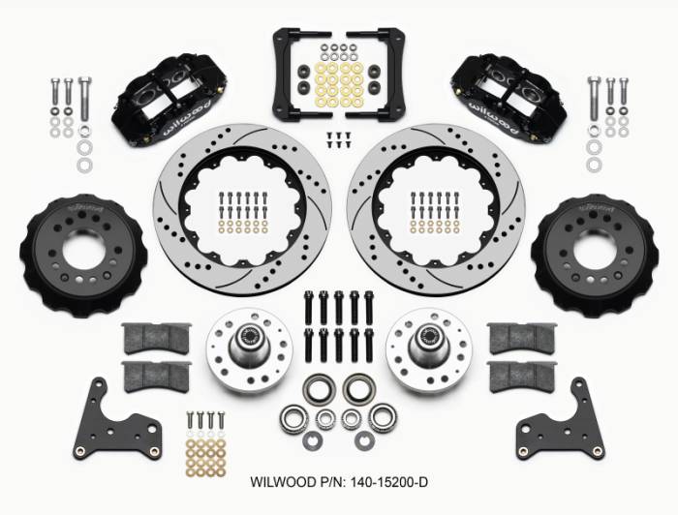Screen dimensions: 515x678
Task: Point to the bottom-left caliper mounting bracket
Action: coord(122,420)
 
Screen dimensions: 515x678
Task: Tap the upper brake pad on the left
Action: coord(153,337)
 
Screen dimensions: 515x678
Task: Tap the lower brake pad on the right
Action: coord(522,377)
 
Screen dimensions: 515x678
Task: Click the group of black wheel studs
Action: coord(338,324)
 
